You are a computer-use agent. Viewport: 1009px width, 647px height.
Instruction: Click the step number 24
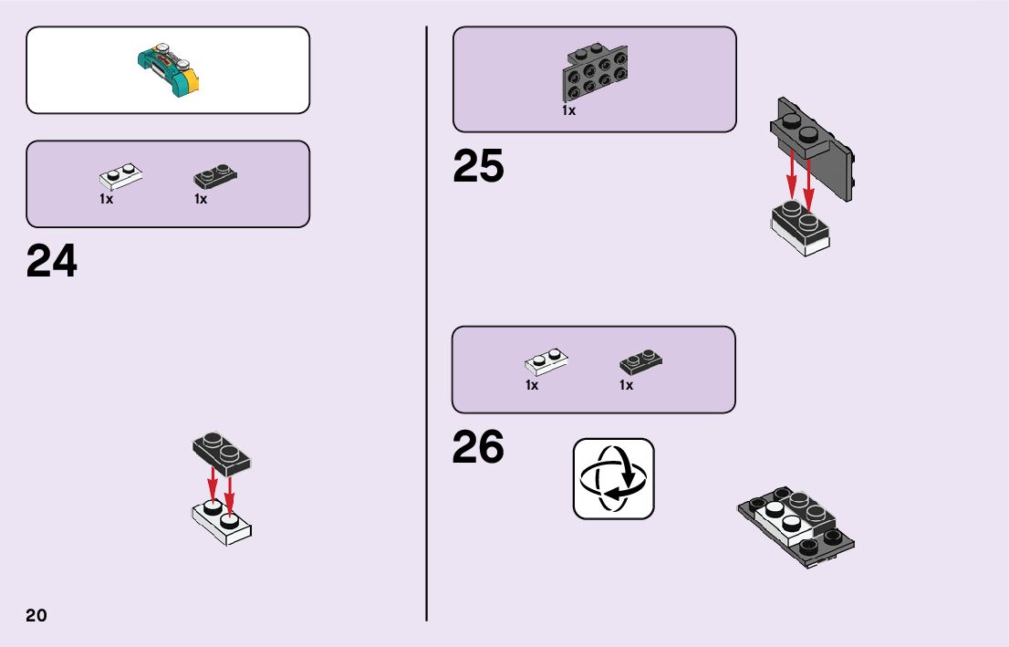[52, 261]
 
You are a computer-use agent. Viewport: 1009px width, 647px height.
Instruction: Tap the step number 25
[478, 167]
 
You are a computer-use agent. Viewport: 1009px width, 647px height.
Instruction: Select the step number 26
[478, 447]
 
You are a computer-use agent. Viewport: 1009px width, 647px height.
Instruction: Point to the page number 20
[36, 615]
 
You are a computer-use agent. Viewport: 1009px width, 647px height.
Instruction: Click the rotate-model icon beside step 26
[613, 478]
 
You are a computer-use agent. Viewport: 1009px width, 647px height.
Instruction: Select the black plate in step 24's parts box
[215, 176]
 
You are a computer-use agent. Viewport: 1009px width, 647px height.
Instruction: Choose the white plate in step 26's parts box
[546, 362]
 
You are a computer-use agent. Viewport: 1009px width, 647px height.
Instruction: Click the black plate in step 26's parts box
[641, 361]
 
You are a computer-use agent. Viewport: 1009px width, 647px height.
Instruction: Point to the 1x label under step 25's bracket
[568, 110]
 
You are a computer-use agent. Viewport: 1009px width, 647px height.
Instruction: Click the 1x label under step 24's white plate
[107, 199]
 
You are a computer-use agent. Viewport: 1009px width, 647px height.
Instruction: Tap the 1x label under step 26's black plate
[626, 385]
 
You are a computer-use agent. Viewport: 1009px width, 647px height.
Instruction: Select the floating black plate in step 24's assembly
[222, 453]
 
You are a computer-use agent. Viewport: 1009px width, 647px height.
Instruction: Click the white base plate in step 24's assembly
[222, 524]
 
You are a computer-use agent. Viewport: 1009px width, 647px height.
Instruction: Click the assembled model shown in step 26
[796, 527]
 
